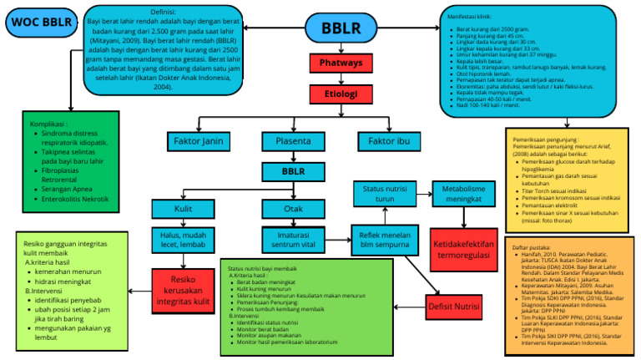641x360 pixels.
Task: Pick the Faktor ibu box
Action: (x=388, y=140)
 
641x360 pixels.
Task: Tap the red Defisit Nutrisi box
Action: (x=458, y=307)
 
